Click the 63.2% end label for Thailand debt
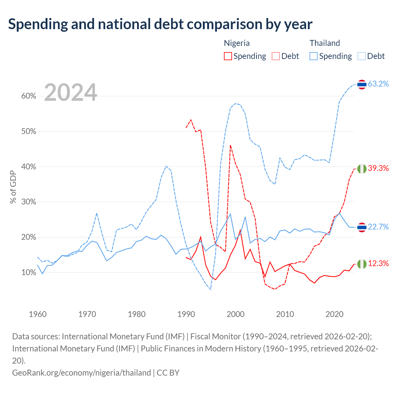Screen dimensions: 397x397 pos(378,84)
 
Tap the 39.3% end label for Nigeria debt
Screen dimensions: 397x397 pos(378,168)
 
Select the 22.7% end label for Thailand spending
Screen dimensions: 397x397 pos(378,227)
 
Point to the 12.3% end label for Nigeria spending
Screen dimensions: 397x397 pos(378,263)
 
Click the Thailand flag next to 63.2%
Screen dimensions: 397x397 pos(362,84)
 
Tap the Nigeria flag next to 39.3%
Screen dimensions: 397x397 pos(362,169)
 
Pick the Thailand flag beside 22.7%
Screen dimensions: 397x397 pos(362,227)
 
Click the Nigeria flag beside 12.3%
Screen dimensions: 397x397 pos(362,264)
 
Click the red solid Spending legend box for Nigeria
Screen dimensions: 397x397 pos(228,56)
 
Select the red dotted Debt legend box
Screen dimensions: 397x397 pos(276,56)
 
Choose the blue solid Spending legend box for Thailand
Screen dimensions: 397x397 pos(313,56)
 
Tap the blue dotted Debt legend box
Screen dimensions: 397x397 pos(361,56)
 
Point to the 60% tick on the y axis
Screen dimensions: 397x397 pos(29,96)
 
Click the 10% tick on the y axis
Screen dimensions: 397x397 pos(29,272)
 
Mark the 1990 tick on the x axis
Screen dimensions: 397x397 pos(186,314)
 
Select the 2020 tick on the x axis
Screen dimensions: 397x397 pos(334,314)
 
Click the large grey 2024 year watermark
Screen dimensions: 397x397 pos(70,92)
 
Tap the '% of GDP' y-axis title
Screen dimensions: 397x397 pos(13,187)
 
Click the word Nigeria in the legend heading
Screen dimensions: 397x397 pos(237,43)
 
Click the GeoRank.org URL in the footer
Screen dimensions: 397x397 pos(82,373)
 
